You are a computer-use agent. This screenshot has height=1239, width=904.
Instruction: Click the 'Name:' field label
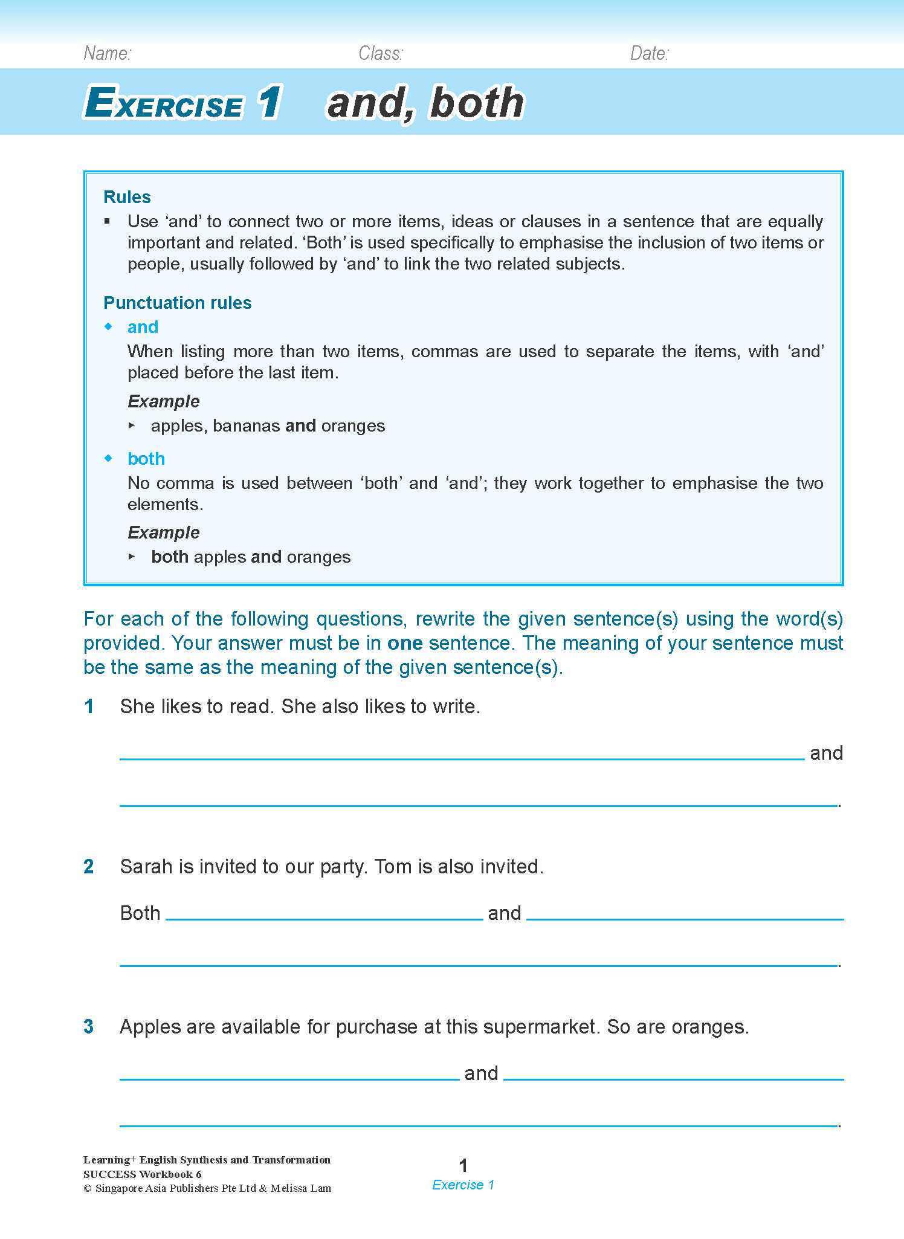[x=108, y=54]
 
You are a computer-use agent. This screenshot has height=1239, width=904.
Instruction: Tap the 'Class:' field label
[x=380, y=54]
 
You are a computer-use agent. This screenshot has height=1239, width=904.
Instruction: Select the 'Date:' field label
[x=649, y=54]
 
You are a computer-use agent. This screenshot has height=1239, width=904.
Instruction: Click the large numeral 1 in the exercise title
[x=268, y=102]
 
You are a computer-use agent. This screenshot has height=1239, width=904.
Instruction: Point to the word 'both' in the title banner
[x=477, y=102]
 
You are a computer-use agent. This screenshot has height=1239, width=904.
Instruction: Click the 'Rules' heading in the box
[x=127, y=197]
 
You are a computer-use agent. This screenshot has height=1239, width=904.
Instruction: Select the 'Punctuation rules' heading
[x=177, y=302]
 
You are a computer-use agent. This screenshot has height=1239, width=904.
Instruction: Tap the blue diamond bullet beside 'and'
[x=109, y=326]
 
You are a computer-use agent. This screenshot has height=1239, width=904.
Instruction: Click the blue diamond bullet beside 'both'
[x=109, y=458]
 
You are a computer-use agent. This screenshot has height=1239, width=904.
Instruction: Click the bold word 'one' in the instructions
[x=405, y=642]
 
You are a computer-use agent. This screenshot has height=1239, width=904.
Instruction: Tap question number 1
[x=89, y=706]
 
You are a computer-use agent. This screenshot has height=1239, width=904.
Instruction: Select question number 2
[x=89, y=866]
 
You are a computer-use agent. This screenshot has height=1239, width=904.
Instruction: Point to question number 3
[x=89, y=1026]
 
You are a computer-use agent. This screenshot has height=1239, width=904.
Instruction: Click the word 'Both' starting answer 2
[x=140, y=913]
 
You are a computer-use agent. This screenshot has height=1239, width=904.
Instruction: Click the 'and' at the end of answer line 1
[x=826, y=752]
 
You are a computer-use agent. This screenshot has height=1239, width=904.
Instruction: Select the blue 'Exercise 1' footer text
[x=463, y=1185]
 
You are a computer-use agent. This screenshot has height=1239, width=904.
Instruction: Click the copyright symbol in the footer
[x=87, y=1188]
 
